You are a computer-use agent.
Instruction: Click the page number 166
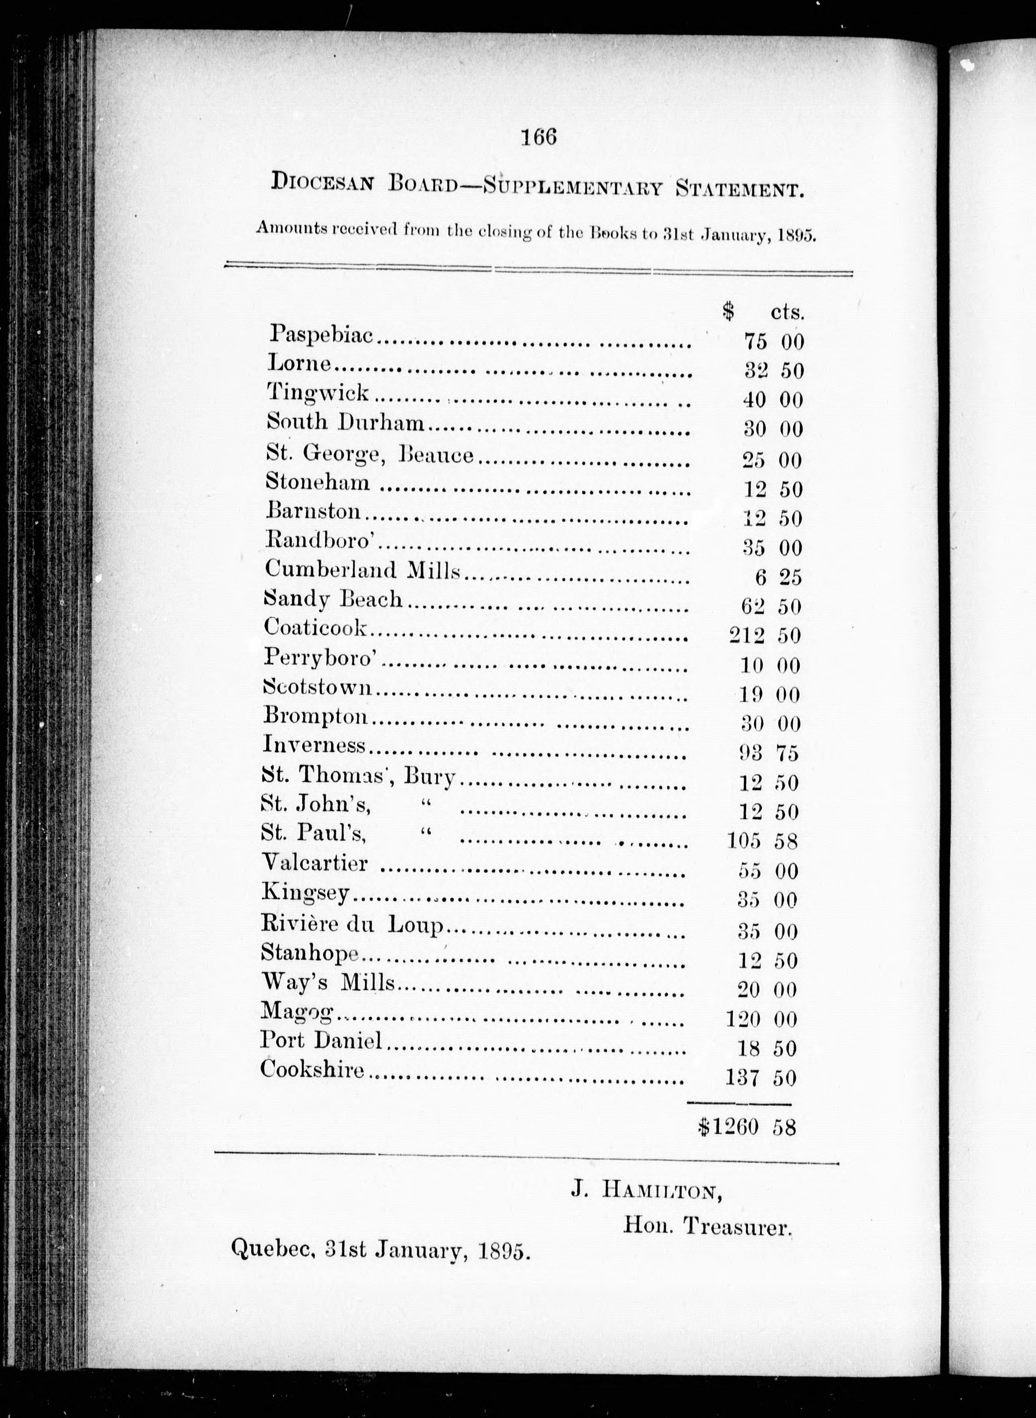point(538,137)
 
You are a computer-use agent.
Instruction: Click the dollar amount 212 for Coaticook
point(746,636)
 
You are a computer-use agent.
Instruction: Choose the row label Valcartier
point(314,863)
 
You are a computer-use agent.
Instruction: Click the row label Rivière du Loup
point(352,924)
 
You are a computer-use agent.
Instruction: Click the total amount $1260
point(728,1127)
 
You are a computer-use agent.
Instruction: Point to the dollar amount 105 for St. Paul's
point(744,840)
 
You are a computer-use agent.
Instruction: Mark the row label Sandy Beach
point(333,599)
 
